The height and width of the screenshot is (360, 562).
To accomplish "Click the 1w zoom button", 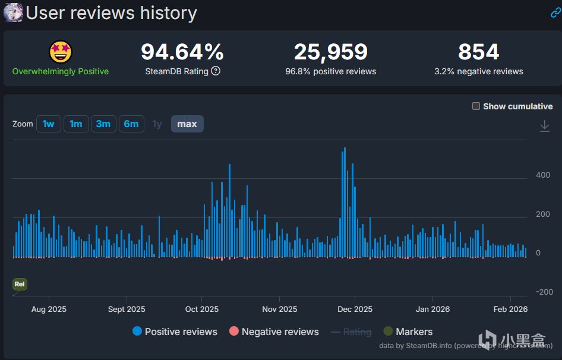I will pos(48,124).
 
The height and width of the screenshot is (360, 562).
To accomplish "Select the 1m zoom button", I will pos(75,124).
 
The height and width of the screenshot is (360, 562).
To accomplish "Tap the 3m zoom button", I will pos(103,124).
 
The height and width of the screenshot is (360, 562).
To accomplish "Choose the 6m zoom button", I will pos(131,124).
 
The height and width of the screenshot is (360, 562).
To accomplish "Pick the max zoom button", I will pos(187,124).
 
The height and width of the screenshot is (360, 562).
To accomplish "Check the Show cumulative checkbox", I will pos(476,106).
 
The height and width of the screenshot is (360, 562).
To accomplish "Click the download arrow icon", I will pos(544,126).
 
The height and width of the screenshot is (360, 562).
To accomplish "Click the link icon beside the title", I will pos(555,13).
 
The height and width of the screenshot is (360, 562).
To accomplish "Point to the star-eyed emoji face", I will pos(61,52).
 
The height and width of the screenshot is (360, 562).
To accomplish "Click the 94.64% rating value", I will pos(182,52).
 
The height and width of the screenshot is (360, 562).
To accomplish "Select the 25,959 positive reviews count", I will pos(331,52).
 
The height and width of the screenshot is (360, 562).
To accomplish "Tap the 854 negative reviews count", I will pos(479,52).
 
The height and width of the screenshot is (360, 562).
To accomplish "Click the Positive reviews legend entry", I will pos(175,331).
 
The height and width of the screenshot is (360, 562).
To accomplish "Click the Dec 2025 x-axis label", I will pos(355,309).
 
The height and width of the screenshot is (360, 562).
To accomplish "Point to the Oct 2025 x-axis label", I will pos(202,309).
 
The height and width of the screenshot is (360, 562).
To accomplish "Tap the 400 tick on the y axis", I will pos(543,175).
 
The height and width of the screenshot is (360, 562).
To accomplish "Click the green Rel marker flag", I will pos(20,285).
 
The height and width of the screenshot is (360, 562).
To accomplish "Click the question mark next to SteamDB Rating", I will pos(216,71).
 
